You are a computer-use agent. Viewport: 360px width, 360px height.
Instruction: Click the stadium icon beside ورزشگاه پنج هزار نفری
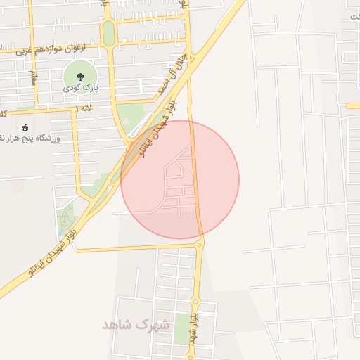pos(26,128)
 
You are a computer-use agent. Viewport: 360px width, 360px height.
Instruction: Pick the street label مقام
pos(32,77)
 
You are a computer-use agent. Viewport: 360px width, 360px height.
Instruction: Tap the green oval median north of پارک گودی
pos(108,32)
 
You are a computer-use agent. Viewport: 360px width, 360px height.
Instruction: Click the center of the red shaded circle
pos(180,179)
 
